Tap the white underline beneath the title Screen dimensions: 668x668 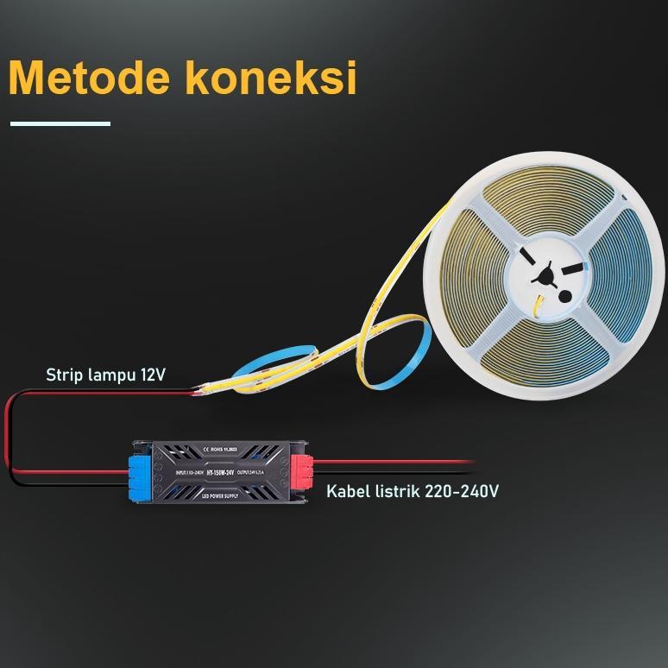point(60,123)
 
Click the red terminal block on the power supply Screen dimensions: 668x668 point(305,474)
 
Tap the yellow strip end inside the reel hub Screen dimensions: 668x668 point(537,302)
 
